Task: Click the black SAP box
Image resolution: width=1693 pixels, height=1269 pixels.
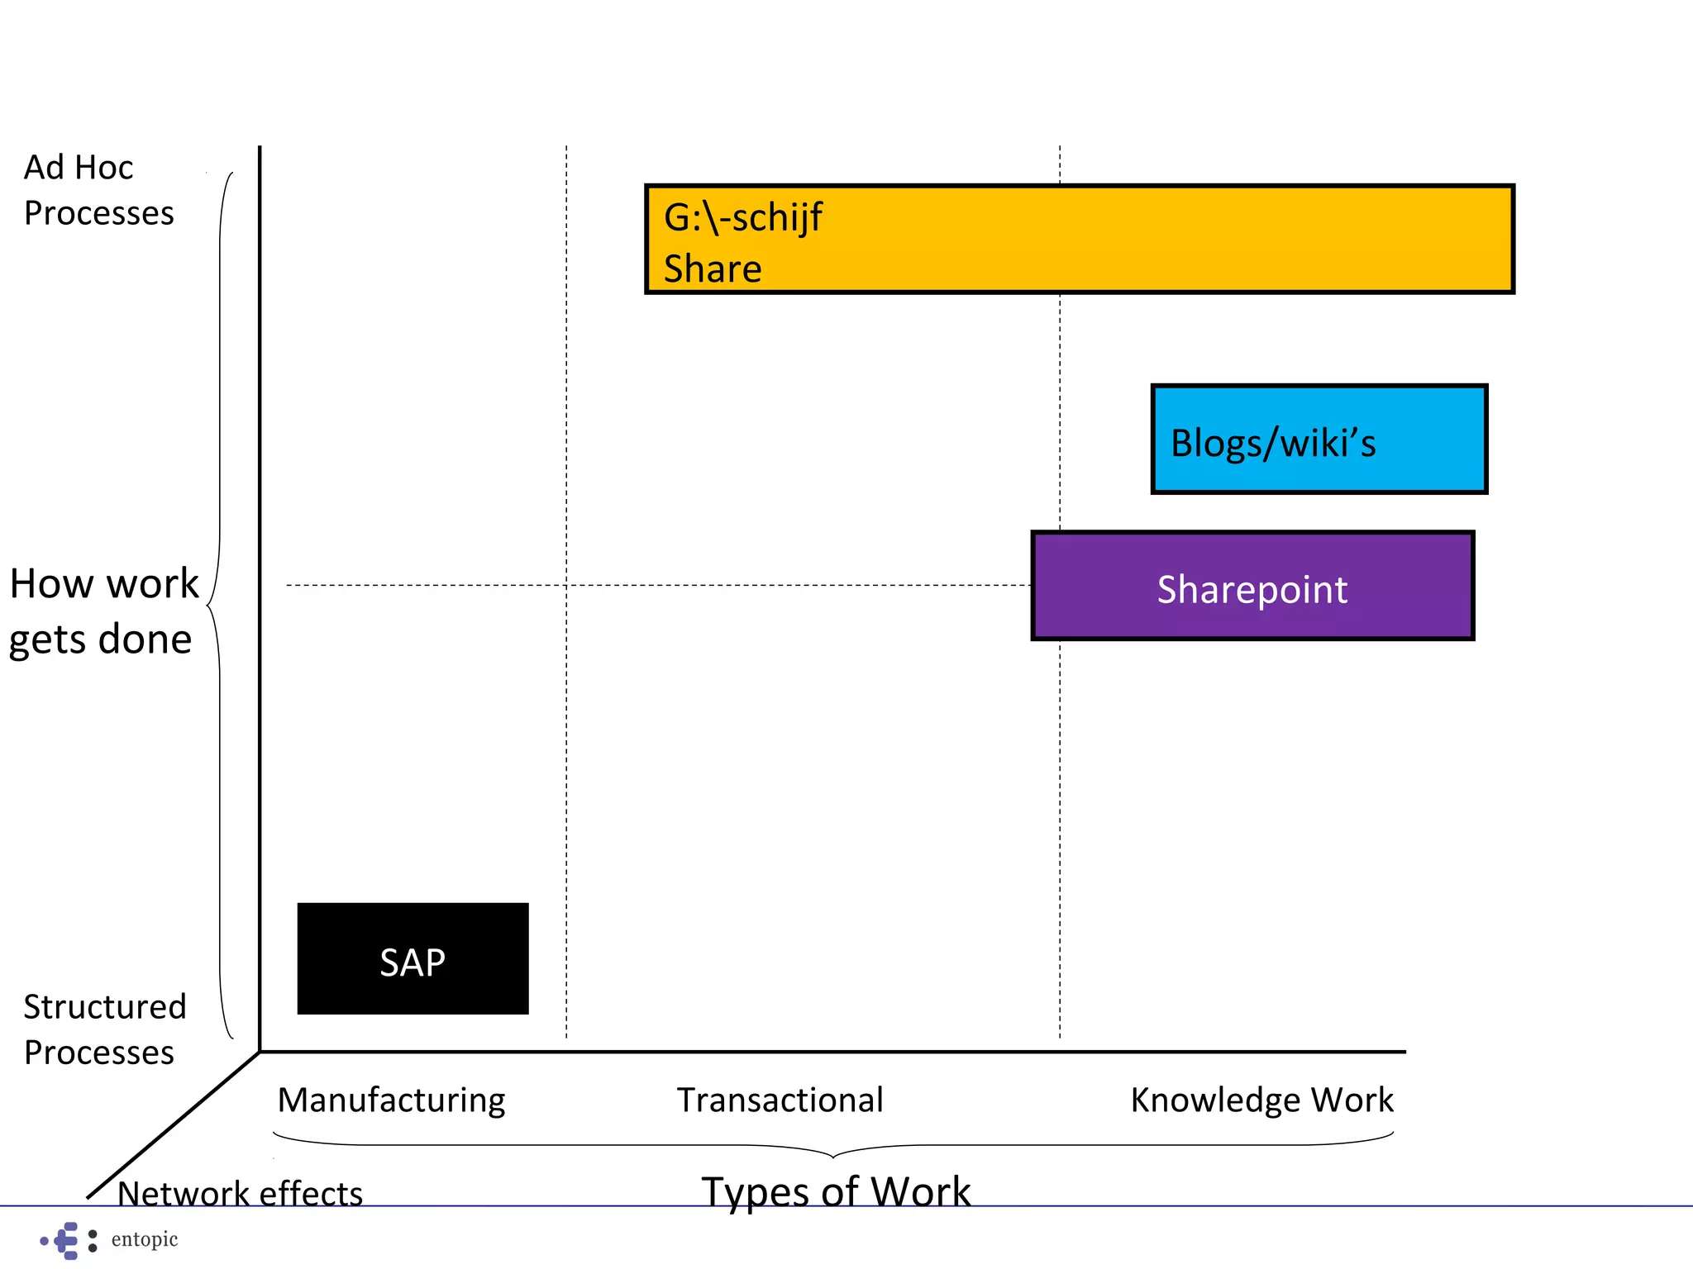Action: pyautogui.click(x=413, y=958)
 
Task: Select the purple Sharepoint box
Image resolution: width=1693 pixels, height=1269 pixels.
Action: pyautogui.click(x=1252, y=587)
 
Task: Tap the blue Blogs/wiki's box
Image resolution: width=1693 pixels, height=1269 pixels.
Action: pyautogui.click(x=1319, y=440)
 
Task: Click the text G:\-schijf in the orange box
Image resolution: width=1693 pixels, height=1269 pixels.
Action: pyautogui.click(x=742, y=217)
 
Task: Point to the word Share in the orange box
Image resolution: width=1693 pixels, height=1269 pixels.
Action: pyautogui.click(x=713, y=269)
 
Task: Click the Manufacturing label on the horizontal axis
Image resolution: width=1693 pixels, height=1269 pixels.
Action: pyautogui.click(x=391, y=1100)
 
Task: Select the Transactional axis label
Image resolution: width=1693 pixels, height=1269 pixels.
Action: pyautogui.click(x=780, y=1100)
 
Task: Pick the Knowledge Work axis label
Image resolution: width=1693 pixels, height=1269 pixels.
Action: pyautogui.click(x=1261, y=1100)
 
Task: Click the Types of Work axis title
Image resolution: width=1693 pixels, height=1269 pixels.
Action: pyautogui.click(x=836, y=1191)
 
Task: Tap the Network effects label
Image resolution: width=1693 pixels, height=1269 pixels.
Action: pyautogui.click(x=240, y=1194)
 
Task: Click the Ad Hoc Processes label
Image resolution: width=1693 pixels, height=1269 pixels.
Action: pyautogui.click(x=98, y=190)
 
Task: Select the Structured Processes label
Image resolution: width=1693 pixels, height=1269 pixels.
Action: pyautogui.click(x=104, y=1029)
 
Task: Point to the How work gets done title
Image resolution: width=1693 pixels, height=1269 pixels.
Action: pyautogui.click(x=103, y=611)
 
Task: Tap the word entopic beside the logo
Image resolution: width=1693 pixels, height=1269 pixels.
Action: pyautogui.click(x=145, y=1239)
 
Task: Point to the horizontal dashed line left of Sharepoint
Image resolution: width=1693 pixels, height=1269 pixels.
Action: pyautogui.click(x=744, y=585)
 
